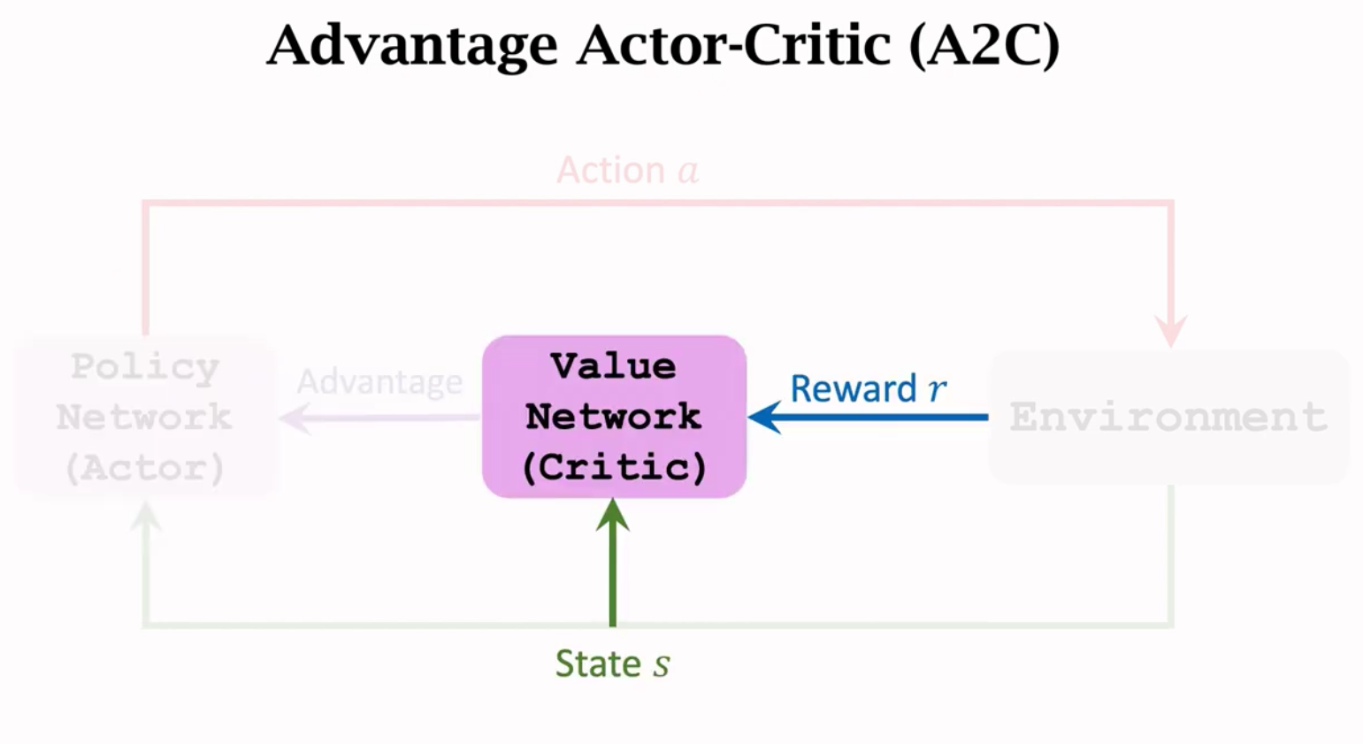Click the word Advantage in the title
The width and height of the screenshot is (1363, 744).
pyautogui.click(x=411, y=46)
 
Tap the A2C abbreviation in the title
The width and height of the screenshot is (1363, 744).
pyautogui.click(x=984, y=46)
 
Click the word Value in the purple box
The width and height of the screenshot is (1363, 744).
pyautogui.click(x=613, y=366)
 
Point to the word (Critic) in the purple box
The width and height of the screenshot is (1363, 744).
pyautogui.click(x=614, y=467)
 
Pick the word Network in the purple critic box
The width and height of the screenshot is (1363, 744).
pyautogui.click(x=613, y=417)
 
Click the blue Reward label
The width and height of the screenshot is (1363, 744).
pyautogui.click(x=853, y=388)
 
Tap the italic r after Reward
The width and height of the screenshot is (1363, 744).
pyautogui.click(x=937, y=389)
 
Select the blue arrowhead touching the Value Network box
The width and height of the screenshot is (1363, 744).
pyautogui.click(x=764, y=417)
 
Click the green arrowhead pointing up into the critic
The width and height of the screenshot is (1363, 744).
pyautogui.click(x=612, y=515)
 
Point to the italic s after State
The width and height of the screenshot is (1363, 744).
pyautogui.click(x=661, y=665)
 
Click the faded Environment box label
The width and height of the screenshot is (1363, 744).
pyautogui.click(x=1168, y=417)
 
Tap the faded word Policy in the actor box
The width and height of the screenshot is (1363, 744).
pyautogui.click(x=145, y=366)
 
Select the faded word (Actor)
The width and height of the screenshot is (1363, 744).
pyautogui.click(x=145, y=467)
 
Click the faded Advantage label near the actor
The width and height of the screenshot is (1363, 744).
pyautogui.click(x=379, y=382)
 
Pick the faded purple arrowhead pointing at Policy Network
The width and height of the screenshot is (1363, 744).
pyautogui.click(x=295, y=418)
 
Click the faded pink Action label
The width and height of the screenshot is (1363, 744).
pyautogui.click(x=610, y=170)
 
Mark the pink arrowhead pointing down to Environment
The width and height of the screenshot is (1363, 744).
pyautogui.click(x=1171, y=332)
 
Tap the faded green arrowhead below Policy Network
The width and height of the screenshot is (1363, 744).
pyautogui.click(x=146, y=518)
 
